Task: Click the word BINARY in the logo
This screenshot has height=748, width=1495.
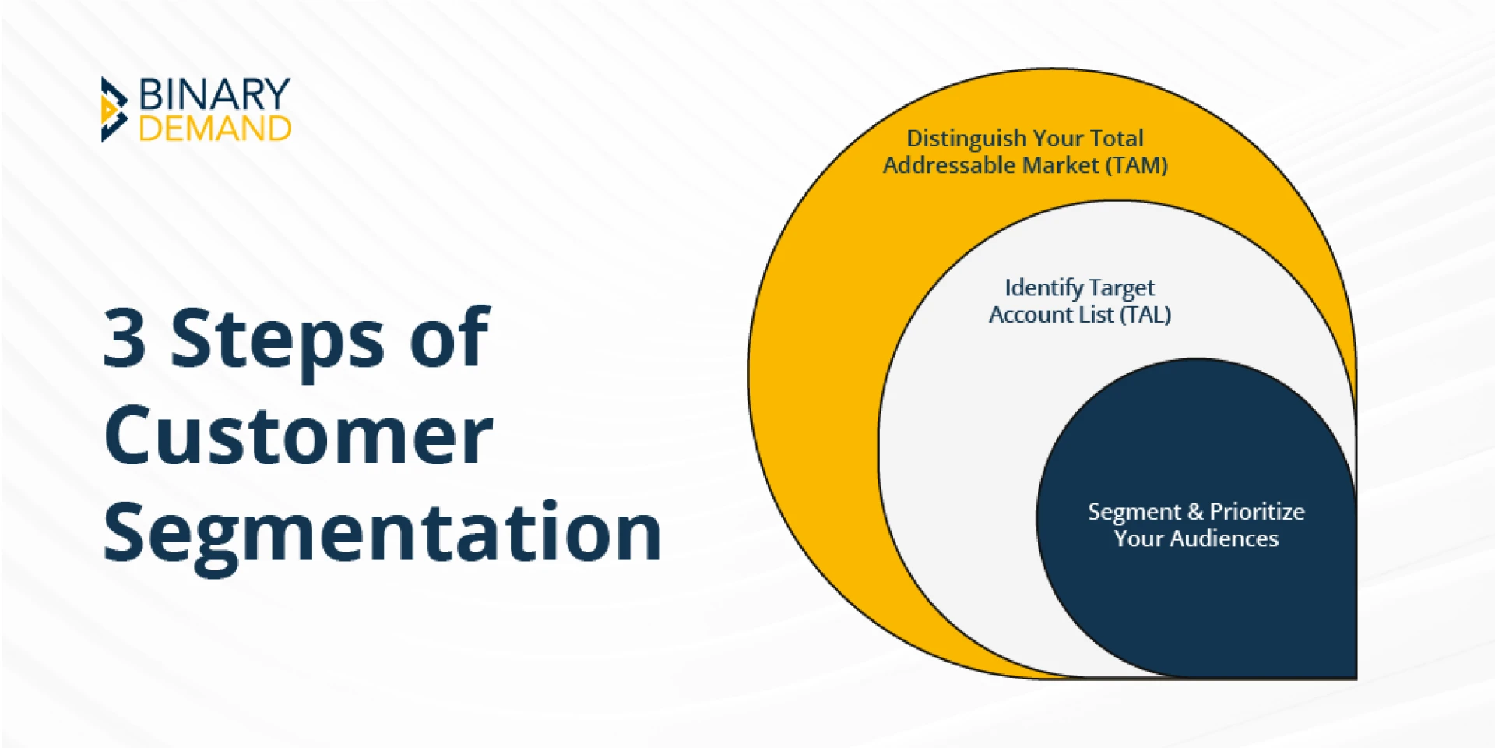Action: point(214,95)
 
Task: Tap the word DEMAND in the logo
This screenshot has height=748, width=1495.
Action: point(215,129)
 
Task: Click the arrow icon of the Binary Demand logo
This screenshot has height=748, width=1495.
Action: point(114,110)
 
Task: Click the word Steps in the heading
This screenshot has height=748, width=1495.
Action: point(277,340)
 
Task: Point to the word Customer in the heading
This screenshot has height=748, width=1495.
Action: point(298,436)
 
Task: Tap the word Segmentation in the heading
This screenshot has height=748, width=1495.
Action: point(382,533)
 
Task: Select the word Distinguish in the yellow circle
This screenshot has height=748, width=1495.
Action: point(966,139)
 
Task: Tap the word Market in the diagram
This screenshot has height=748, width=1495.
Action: point(1061,165)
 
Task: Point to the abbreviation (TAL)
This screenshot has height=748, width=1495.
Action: point(1145,315)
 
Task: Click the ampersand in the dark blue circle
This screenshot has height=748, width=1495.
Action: point(1195,512)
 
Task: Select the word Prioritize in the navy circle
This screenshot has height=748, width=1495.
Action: point(1257,512)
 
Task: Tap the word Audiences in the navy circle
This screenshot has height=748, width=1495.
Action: point(1224,538)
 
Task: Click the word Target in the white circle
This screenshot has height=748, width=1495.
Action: point(1122,288)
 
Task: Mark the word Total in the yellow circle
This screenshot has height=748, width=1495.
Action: point(1117,139)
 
